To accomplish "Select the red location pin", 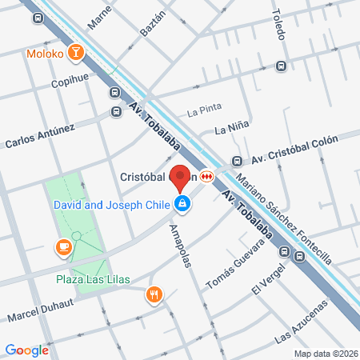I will point(182,178).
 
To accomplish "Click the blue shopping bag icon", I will point(184,205).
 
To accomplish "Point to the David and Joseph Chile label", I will point(111,205).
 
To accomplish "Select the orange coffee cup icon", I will point(62,247).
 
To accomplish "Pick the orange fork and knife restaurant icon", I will point(154,295).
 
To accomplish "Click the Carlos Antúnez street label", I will point(40,136).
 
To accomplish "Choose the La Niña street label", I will point(229,129).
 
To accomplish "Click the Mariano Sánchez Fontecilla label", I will point(283,216).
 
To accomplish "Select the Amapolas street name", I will point(181,246).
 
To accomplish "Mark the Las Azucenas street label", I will point(301,323).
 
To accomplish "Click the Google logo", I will point(26,350).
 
